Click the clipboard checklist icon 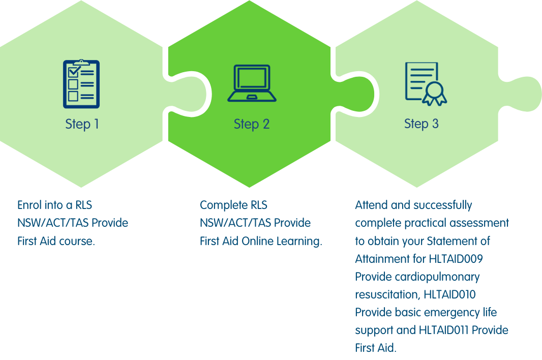pyautogui.click(x=81, y=84)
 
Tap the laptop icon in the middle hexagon pyautogui.click(x=252, y=83)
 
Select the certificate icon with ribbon pyautogui.click(x=426, y=84)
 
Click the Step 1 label pyautogui.click(x=82, y=124)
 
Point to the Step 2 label pyautogui.click(x=251, y=124)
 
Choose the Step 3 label pyautogui.click(x=421, y=124)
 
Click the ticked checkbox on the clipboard pyautogui.click(x=74, y=72)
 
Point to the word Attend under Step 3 pyautogui.click(x=371, y=205)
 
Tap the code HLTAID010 pyautogui.click(x=449, y=294)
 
